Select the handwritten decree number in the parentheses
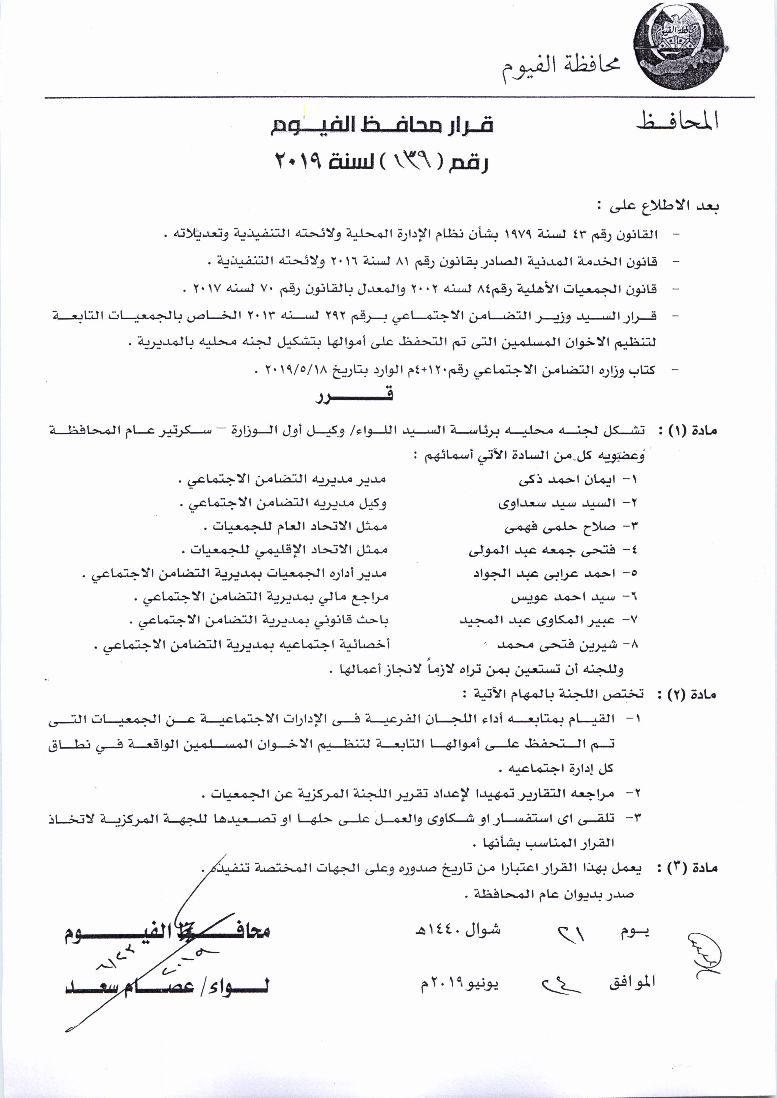tap(410, 162)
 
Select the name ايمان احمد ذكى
tap(567, 479)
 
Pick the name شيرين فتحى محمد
tap(557, 645)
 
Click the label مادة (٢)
tap(687, 694)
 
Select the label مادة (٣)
tap(687, 868)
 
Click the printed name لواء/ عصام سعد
tap(167, 986)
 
